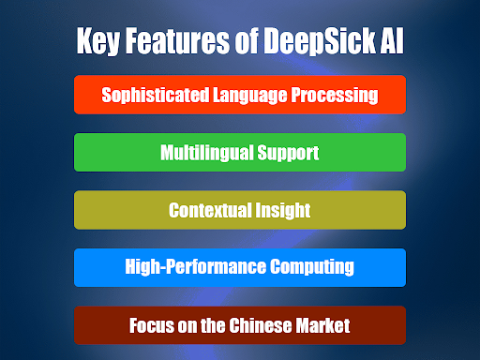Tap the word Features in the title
pos(176,41)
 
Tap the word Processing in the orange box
pos(337,95)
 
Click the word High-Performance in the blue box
pos(191,267)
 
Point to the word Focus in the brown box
pos(150,325)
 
